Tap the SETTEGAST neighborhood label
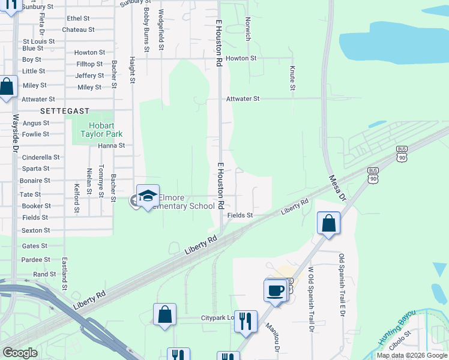(65, 111)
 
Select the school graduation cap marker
(148, 196)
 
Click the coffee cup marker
(276, 290)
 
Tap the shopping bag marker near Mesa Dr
(329, 224)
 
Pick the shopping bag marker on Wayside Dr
(7, 86)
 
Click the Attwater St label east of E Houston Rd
(243, 98)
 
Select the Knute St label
(292, 79)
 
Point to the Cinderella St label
(40, 157)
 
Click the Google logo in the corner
(20, 353)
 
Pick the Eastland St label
(64, 274)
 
